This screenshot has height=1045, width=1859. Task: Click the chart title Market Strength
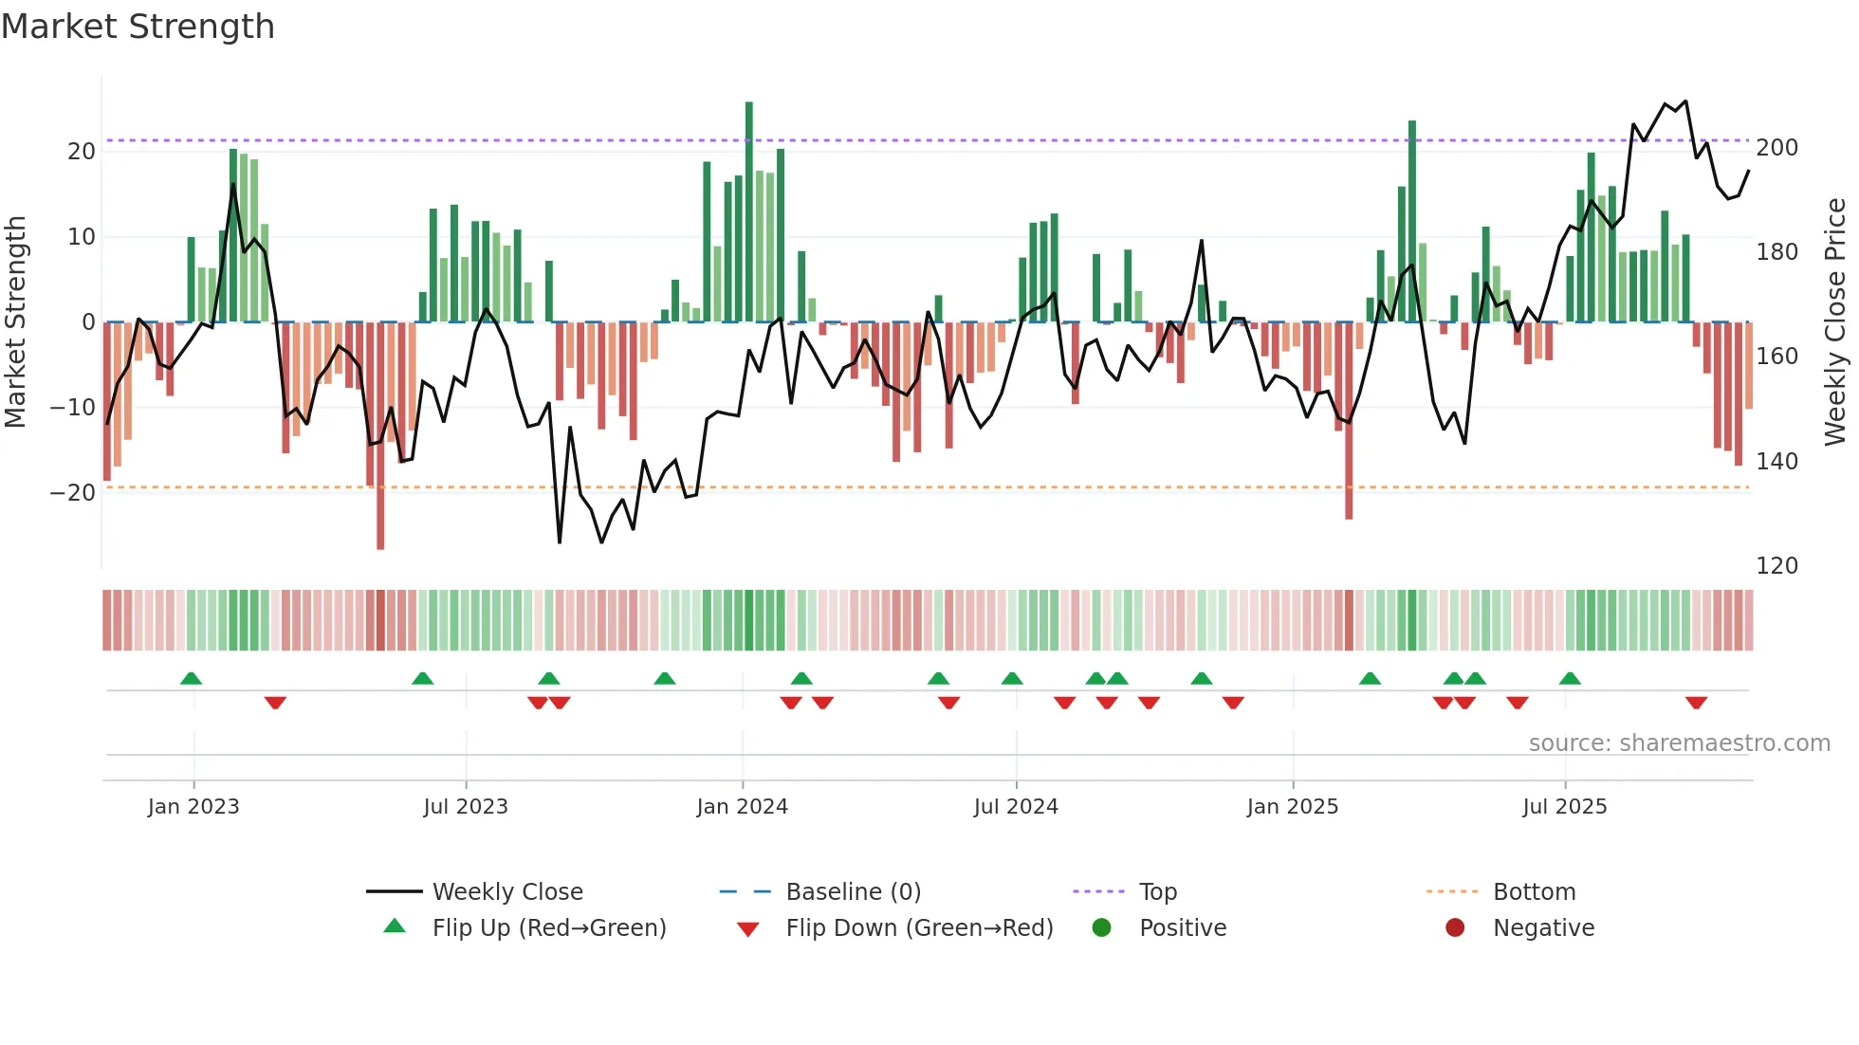(x=138, y=27)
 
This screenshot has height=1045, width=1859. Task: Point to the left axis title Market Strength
(x=15, y=321)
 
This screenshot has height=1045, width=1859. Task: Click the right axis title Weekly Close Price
(x=1835, y=321)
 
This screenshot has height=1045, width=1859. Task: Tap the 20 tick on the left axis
(x=82, y=152)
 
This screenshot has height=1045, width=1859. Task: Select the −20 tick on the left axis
(x=74, y=493)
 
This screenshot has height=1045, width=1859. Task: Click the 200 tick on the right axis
(x=1776, y=148)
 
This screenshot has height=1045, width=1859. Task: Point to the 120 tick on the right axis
(x=1776, y=566)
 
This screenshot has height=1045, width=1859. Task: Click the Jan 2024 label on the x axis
(x=742, y=807)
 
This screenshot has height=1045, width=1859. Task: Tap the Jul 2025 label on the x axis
(x=1564, y=807)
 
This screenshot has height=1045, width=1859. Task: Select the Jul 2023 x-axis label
(x=466, y=807)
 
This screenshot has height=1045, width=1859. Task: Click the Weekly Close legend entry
(x=506, y=892)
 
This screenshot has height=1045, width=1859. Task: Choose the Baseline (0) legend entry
(x=853, y=892)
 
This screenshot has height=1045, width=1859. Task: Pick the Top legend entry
(x=1157, y=892)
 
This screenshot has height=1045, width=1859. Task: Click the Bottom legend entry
(x=1534, y=892)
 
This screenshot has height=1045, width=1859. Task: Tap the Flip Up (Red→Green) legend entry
(x=548, y=928)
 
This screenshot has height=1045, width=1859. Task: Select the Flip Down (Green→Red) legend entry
(x=919, y=928)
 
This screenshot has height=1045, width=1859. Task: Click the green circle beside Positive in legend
(x=1101, y=928)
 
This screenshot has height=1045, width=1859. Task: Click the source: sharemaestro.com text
(x=1679, y=743)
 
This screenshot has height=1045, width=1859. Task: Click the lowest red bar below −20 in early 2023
(x=380, y=436)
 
